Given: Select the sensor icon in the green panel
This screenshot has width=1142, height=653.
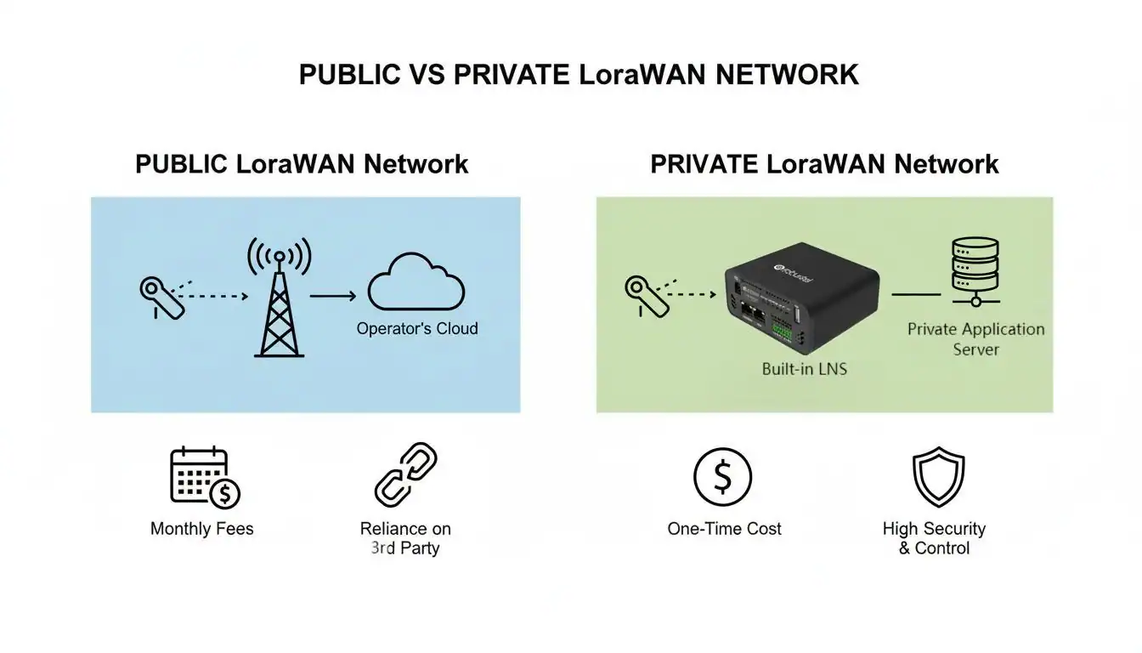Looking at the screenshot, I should pyautogui.click(x=647, y=295).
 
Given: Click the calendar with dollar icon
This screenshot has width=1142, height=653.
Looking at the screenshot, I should pyautogui.click(x=205, y=477).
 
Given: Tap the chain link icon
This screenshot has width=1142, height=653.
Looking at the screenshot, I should pyautogui.click(x=406, y=474).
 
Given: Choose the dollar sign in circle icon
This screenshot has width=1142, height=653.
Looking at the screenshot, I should pyautogui.click(x=722, y=477).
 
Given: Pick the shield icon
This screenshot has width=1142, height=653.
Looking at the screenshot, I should pyautogui.click(x=938, y=478).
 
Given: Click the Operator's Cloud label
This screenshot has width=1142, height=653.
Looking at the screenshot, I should pyautogui.click(x=417, y=328).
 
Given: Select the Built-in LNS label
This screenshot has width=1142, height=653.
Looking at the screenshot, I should pyautogui.click(x=804, y=369).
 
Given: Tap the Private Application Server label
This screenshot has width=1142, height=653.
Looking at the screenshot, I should pyautogui.click(x=975, y=338).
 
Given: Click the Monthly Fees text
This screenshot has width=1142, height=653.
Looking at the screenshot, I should pyautogui.click(x=201, y=529).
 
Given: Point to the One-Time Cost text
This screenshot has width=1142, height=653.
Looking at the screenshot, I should pyautogui.click(x=724, y=529).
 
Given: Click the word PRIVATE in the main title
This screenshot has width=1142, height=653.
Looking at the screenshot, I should pyautogui.click(x=511, y=74).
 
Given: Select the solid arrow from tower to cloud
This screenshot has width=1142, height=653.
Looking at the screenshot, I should pyautogui.click(x=332, y=297).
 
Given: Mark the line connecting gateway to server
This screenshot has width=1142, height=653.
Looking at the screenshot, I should pyautogui.click(x=915, y=294).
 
